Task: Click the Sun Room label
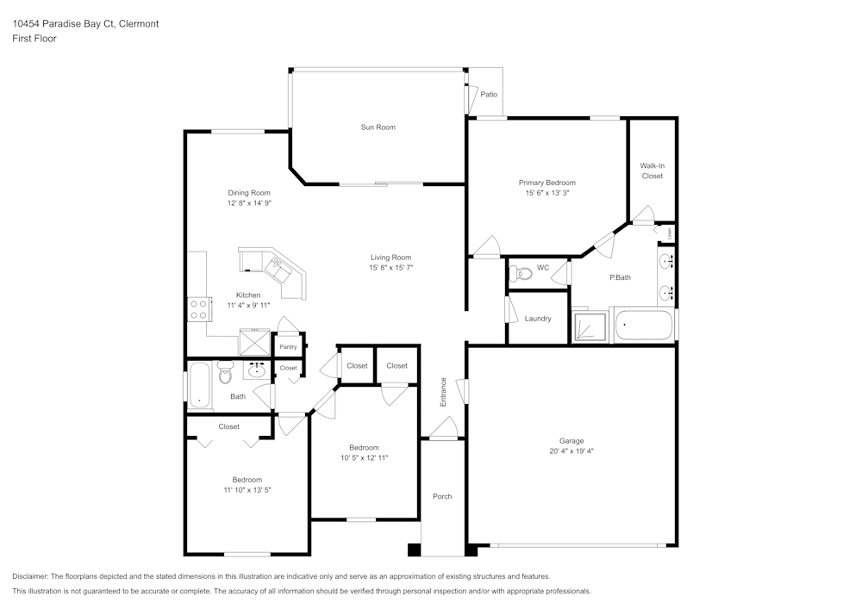click(x=378, y=127)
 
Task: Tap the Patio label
click(x=489, y=95)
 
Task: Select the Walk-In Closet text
click(x=652, y=171)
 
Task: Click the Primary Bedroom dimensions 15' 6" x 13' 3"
click(x=547, y=194)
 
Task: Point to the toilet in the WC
click(x=522, y=273)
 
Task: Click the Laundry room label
click(x=537, y=319)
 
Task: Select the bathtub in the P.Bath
click(x=643, y=326)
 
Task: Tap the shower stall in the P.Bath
click(x=590, y=325)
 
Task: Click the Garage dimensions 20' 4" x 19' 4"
click(x=572, y=451)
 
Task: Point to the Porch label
click(x=442, y=496)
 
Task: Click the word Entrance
click(x=444, y=392)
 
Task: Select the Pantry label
click(x=287, y=347)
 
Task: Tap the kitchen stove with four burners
click(x=198, y=308)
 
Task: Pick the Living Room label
click(x=390, y=258)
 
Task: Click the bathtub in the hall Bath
click(x=198, y=384)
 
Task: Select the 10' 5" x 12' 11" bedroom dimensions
click(x=364, y=458)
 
